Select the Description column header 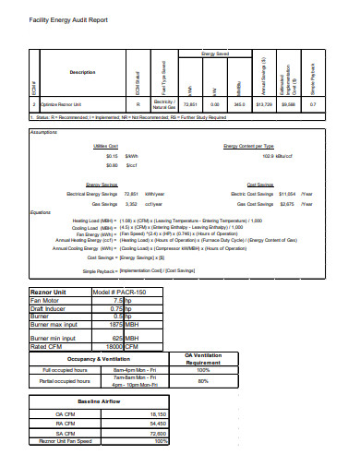(x=82, y=72)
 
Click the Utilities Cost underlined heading (x=106, y=146)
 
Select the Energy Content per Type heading (x=248, y=146)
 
